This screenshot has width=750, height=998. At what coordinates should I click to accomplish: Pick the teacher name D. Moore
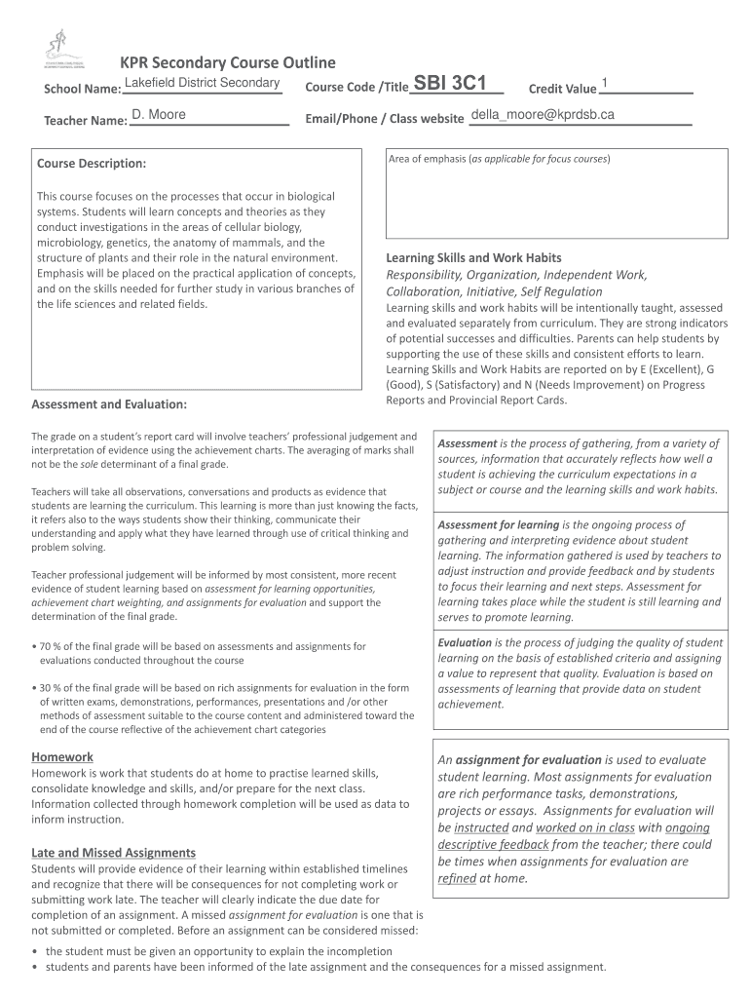159,116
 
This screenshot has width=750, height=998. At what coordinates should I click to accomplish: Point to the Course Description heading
92,163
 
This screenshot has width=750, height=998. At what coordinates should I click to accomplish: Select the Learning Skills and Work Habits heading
473,258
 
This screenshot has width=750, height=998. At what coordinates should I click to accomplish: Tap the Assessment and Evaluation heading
109,403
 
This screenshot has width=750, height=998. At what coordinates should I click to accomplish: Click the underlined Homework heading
62,756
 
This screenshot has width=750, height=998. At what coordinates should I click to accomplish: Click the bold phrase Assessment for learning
498,524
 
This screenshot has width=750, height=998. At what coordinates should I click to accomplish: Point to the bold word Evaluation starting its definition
465,642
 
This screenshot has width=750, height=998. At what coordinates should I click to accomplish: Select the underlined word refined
457,878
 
